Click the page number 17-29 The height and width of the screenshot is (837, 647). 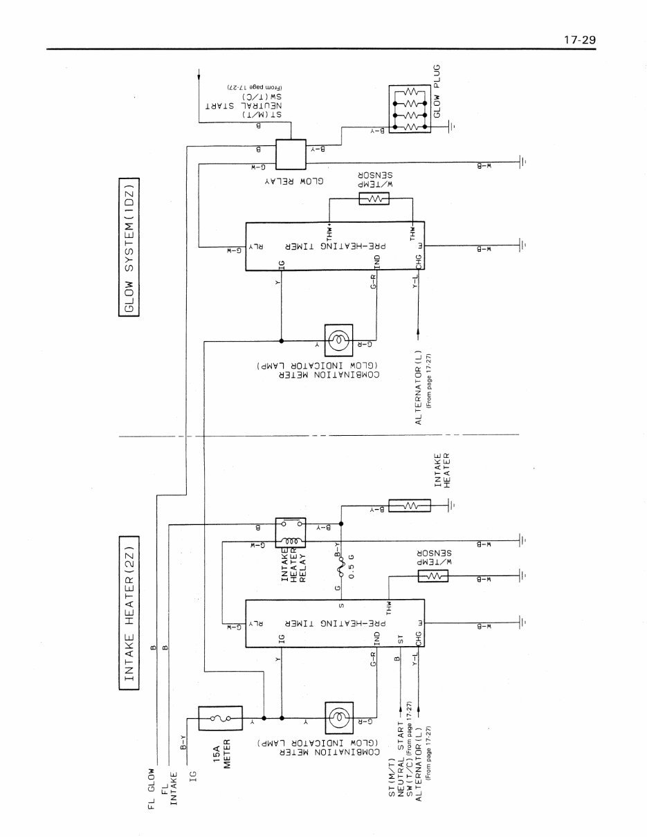tap(579, 39)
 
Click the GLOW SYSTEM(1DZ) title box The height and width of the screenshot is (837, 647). tap(129, 247)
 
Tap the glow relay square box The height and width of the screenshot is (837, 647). tap(291, 154)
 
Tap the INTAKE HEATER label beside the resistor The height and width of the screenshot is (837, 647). tap(442, 471)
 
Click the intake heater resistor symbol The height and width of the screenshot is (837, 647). tap(409, 506)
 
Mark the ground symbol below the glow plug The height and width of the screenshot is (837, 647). tap(450, 127)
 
